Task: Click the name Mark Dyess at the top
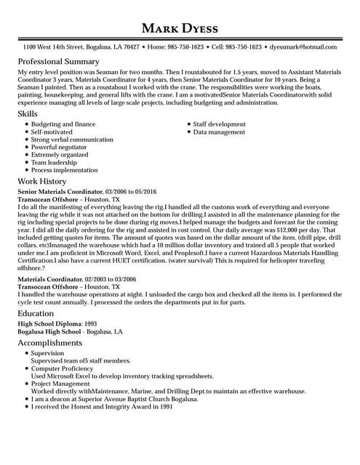click(x=180, y=28)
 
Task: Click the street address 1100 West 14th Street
click(x=55, y=46)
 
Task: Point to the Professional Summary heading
click(x=58, y=62)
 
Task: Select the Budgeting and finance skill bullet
click(x=63, y=124)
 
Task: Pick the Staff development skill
click(x=219, y=124)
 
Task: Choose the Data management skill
click(x=219, y=132)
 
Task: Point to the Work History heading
click(x=41, y=181)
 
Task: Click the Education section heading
click(x=36, y=313)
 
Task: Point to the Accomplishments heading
click(x=49, y=342)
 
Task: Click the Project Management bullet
click(x=61, y=384)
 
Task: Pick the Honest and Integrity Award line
click(x=101, y=407)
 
